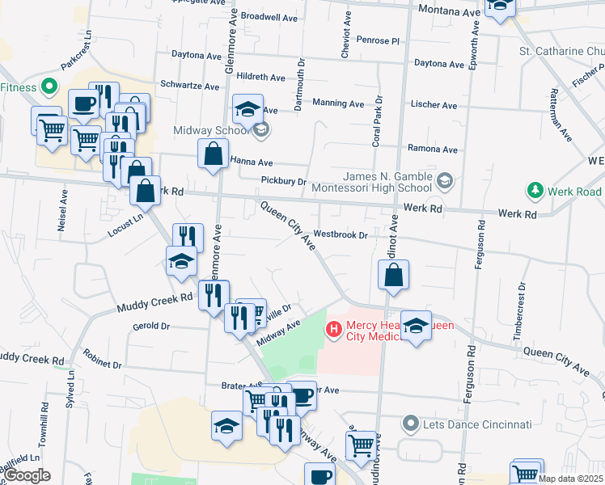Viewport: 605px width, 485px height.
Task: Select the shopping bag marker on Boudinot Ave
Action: point(393,275)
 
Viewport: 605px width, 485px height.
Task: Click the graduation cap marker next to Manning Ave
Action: point(247,108)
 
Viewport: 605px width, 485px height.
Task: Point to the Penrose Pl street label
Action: point(377,40)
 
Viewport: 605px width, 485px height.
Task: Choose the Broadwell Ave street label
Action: point(270,16)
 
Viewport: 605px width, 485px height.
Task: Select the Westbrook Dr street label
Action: point(341,234)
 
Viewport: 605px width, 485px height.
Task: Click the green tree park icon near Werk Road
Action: point(534,192)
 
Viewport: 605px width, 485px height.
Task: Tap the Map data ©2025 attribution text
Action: point(571,479)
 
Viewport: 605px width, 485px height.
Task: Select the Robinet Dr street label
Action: point(101,365)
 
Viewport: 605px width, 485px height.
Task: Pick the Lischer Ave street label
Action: point(435,105)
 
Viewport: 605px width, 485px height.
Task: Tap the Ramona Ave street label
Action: point(433,150)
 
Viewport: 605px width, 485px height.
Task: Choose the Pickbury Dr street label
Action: point(283,181)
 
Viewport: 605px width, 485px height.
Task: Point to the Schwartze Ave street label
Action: point(189,86)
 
